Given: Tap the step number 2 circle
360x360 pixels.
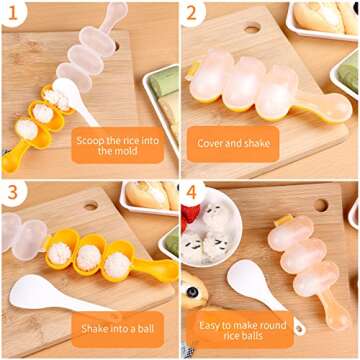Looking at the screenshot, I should click(x=194, y=15).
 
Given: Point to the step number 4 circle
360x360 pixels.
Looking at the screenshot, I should click(x=194, y=192).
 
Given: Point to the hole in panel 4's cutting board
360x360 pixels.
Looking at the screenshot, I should click(x=320, y=206).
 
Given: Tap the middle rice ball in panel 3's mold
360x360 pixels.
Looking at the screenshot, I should click(x=89, y=257).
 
